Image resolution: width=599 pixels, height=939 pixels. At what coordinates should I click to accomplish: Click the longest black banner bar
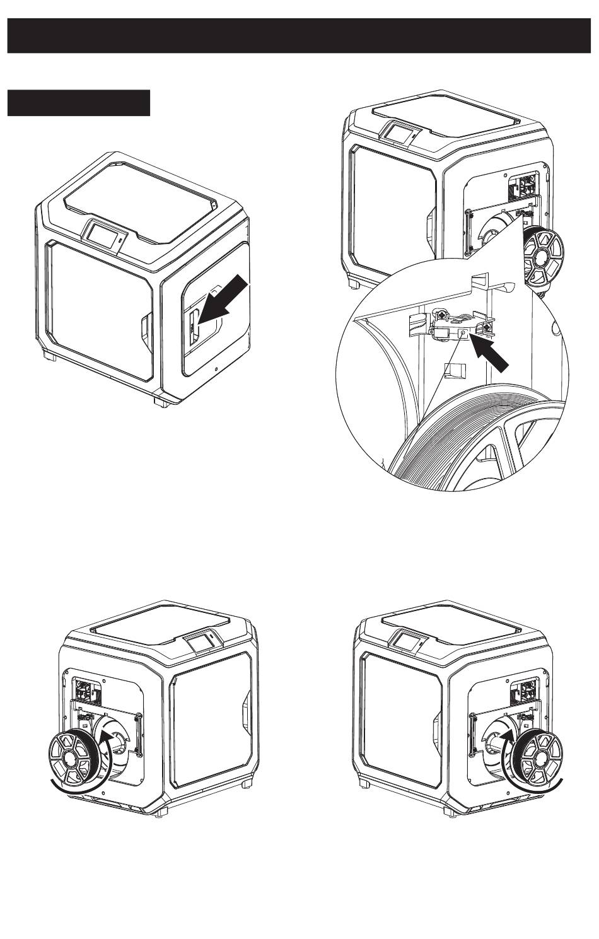click(299, 36)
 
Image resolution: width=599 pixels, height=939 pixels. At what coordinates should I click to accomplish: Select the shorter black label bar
click(79, 103)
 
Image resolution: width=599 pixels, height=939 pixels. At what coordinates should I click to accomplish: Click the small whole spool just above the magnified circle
click(542, 257)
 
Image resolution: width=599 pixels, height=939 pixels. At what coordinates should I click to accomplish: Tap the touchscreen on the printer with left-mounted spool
click(200, 641)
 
